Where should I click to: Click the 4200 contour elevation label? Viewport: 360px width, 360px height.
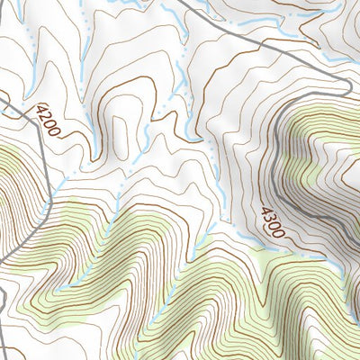click(x=49, y=121)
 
